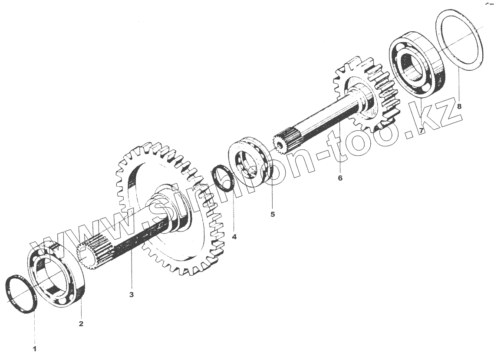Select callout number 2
(81, 324)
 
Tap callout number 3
(132, 295)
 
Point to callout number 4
(234, 237)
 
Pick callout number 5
(273, 214)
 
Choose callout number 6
(340, 178)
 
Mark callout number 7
(420, 130)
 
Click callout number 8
(459, 106)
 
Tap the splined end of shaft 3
(93, 254)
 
